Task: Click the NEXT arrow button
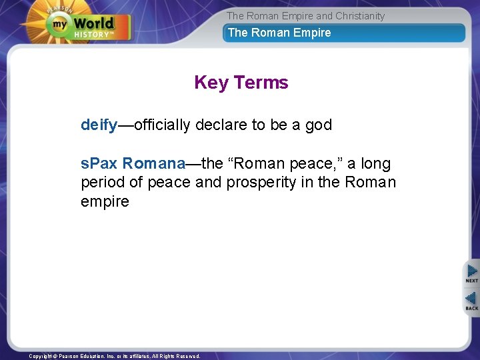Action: click(471, 273)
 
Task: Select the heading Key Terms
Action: click(241, 83)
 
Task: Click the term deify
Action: click(99, 125)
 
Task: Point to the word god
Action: click(318, 125)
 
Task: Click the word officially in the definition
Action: click(163, 125)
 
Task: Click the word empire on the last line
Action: click(105, 201)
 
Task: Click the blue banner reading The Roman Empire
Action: click(343, 33)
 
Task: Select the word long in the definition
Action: click(375, 163)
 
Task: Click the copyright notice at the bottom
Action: click(114, 356)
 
